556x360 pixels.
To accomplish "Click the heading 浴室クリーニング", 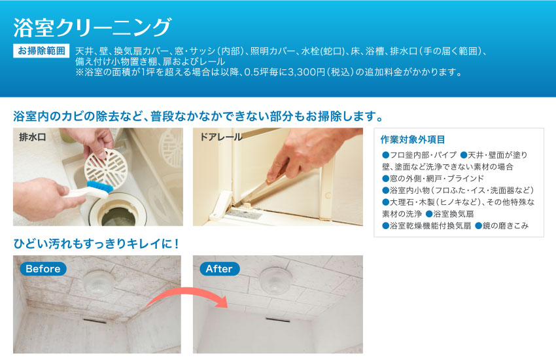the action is [92, 27].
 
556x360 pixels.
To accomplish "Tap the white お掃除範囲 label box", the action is [41, 50].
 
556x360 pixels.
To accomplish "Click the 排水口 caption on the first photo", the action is [32, 137].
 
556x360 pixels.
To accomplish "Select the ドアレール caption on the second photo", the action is [220, 137].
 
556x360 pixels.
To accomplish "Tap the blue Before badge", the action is [43, 269].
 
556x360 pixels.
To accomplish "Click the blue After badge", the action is [218, 269].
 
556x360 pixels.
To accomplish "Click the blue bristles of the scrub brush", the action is [99, 187].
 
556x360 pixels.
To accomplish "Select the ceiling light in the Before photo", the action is [98, 283].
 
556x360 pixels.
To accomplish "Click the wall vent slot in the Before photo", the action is [94, 321].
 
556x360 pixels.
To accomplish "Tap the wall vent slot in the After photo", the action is [277, 320].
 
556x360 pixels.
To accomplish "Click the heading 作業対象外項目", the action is [412, 139].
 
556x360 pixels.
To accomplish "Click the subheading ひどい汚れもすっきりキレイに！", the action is [96, 243].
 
